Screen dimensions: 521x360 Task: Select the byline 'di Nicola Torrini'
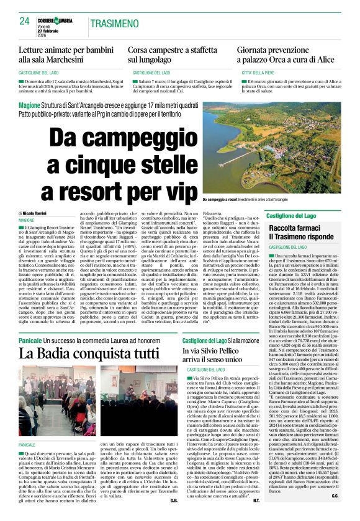point(37,213)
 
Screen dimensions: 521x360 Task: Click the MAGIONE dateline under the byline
point(27,220)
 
